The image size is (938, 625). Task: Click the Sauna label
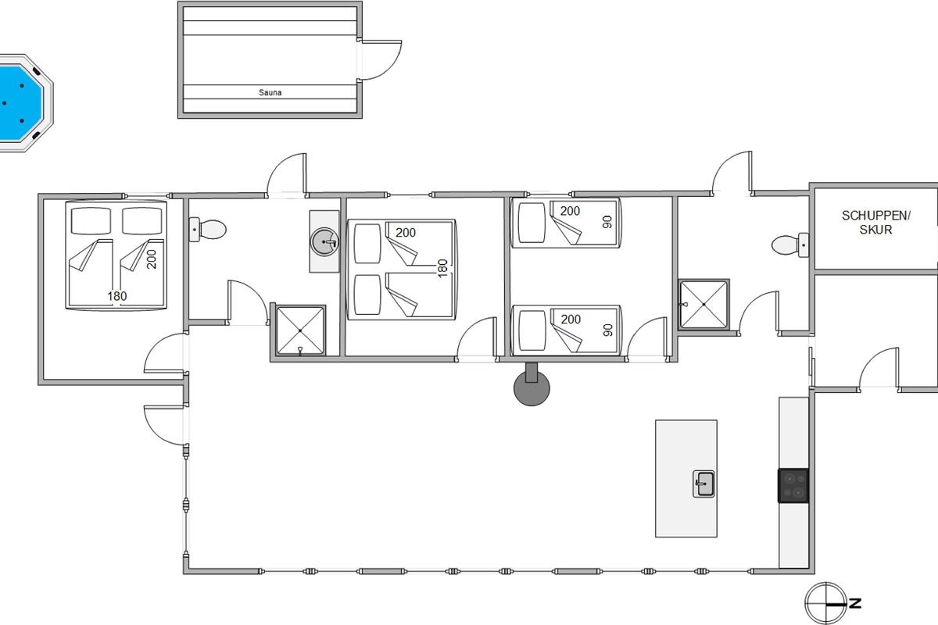tap(270, 92)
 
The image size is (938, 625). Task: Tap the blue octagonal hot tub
tap(22, 102)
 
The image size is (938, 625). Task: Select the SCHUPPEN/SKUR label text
tap(875, 223)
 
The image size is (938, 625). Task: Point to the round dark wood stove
tap(532, 387)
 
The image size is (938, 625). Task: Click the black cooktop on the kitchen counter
tap(793, 486)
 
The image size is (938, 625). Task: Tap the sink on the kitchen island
tap(703, 484)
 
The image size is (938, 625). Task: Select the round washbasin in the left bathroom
tap(324, 241)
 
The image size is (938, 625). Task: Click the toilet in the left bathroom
tap(207, 230)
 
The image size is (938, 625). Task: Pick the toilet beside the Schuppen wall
tap(789, 245)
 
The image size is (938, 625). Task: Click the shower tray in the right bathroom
tap(704, 305)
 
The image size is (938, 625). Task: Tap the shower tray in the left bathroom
tap(300, 330)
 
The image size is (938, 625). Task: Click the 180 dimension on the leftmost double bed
tap(116, 296)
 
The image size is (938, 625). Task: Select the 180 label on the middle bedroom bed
tap(442, 268)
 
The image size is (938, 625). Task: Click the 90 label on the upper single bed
tap(607, 222)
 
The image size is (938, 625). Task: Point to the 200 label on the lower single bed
tap(571, 320)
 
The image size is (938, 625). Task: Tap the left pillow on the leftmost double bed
tap(91, 220)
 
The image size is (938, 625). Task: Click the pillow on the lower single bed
tap(532, 330)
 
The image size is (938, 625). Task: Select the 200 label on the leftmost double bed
tap(152, 259)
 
